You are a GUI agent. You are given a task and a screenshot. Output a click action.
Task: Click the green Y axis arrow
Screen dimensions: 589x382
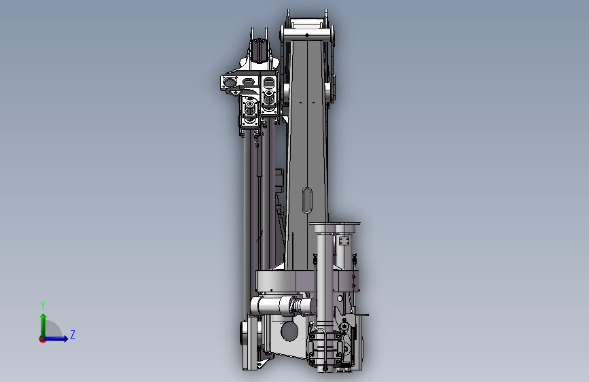tap(43, 326)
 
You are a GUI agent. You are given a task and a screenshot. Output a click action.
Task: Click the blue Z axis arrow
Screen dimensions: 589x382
tap(56, 338)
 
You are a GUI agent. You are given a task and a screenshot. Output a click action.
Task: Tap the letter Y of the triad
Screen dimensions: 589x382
tap(43, 305)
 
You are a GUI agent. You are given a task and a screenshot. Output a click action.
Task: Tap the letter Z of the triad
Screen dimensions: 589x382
tap(73, 334)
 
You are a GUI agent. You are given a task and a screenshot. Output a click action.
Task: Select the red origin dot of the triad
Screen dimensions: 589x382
tap(42, 339)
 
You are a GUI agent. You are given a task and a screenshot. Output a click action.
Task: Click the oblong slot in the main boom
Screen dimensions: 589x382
tap(307, 200)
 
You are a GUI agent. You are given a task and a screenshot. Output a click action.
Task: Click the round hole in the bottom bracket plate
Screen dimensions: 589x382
tap(289, 332)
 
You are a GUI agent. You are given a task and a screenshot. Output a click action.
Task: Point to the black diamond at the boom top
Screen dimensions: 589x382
tap(307, 35)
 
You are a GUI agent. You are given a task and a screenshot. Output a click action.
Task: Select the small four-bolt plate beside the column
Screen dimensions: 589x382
tap(344, 241)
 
